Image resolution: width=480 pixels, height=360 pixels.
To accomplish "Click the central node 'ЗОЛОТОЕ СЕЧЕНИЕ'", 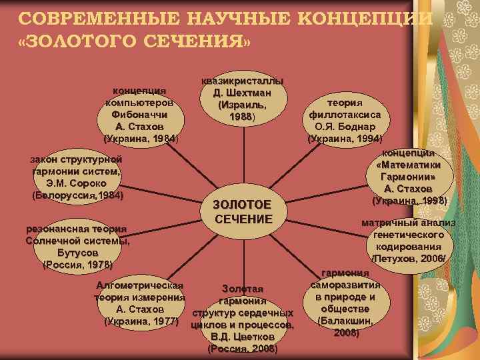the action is coord(243,212).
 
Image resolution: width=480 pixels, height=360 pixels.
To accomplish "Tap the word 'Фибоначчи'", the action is coord(141,115).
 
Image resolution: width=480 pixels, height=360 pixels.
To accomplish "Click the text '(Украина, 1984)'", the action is coord(141,139).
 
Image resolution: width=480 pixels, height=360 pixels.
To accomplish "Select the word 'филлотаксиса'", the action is coord(345,115).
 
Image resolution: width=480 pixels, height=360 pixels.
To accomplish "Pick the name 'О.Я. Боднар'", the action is coord(345,127).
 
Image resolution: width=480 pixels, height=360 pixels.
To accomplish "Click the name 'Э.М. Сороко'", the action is coord(78,183).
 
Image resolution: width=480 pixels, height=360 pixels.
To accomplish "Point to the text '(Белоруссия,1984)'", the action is coord(78,195).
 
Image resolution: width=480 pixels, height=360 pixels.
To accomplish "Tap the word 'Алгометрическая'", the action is coord(140,285).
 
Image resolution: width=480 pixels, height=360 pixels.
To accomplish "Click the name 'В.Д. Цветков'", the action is coord(243,337).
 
